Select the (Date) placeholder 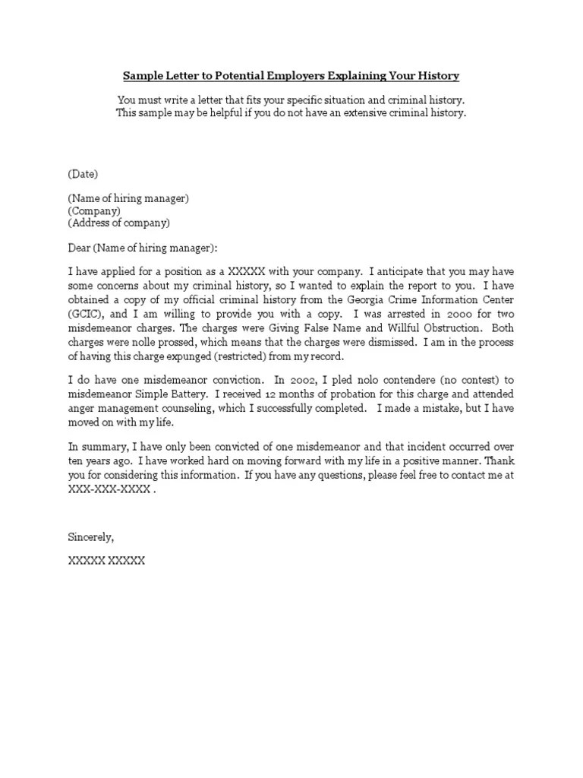[83, 174]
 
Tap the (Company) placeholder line [94, 210]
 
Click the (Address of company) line [119, 223]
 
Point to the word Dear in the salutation [80, 248]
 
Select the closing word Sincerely [90, 536]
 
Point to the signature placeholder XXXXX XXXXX [106, 561]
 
